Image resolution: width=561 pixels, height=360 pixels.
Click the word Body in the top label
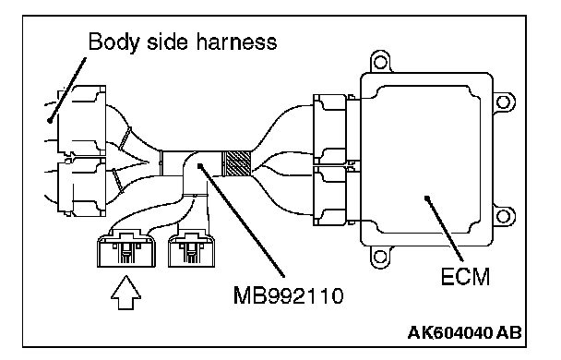pyautogui.click(x=113, y=42)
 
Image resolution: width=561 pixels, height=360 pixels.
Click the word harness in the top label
pyautogui.click(x=236, y=42)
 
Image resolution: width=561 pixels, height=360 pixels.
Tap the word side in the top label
pyautogui.click(x=167, y=42)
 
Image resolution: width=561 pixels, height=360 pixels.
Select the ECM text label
pyautogui.click(x=465, y=277)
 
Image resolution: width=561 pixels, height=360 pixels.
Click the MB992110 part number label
pyautogui.click(x=289, y=295)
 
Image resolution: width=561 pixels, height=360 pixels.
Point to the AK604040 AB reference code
pyautogui.click(x=465, y=333)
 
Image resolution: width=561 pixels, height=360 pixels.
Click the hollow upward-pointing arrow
pyautogui.click(x=125, y=293)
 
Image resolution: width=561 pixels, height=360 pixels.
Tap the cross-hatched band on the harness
pyautogui.click(x=236, y=163)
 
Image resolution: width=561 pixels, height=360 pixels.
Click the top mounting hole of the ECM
pyautogui.click(x=380, y=63)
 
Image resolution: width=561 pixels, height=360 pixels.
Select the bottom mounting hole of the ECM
pyautogui.click(x=380, y=257)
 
